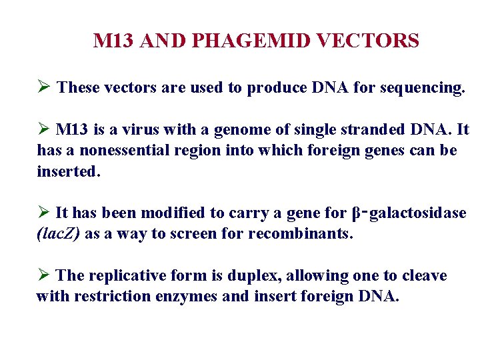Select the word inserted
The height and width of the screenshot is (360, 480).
click(68, 171)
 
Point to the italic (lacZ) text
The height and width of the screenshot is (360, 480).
click(59, 235)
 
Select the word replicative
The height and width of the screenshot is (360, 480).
click(127, 276)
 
